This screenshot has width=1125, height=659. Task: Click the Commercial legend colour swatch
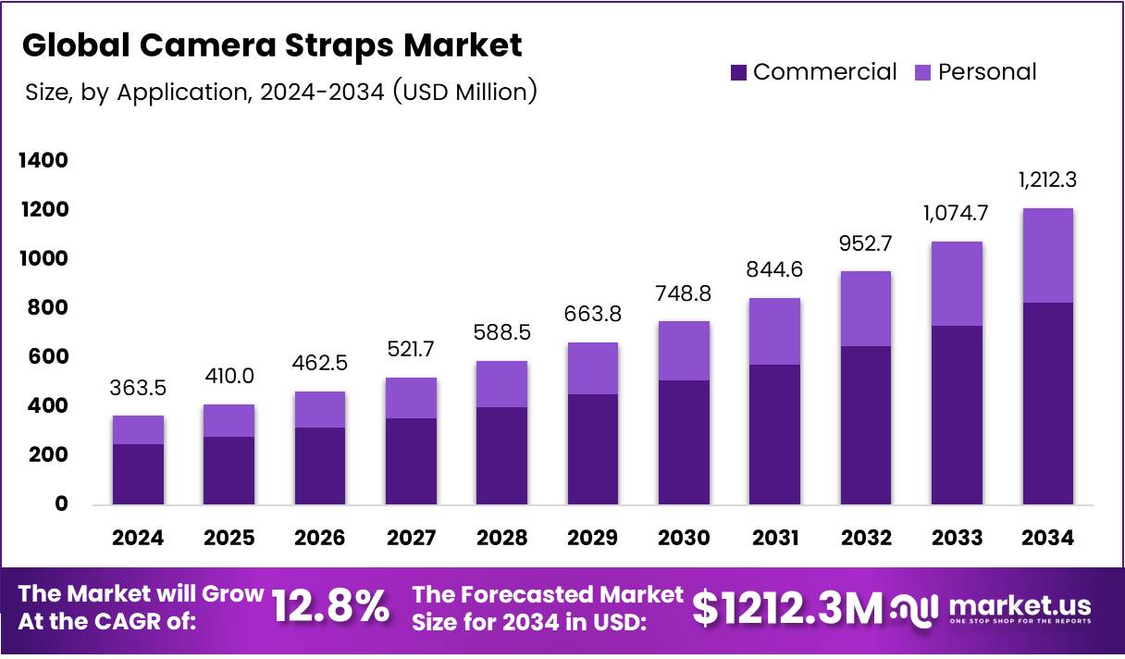738,72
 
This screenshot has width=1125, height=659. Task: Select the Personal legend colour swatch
923,72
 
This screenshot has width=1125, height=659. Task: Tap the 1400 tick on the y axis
43,161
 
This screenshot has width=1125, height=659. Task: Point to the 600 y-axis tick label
48,357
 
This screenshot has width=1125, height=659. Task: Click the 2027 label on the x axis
412,539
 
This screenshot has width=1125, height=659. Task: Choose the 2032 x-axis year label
866,539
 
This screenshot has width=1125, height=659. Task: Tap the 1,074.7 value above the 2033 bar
957,213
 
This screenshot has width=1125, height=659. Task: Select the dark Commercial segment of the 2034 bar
1047,403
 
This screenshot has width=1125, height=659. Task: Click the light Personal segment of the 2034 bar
1047,255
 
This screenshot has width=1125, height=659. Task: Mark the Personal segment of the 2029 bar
593,368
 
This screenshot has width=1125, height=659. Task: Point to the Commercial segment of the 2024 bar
139,474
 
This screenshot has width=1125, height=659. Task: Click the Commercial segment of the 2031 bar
774,434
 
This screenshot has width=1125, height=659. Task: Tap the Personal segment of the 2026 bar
320,409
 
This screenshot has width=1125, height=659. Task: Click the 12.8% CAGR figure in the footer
330,608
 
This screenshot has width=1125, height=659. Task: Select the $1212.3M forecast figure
787,608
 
